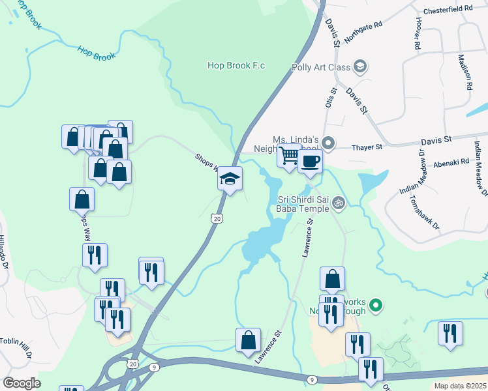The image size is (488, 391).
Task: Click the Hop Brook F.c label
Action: [236, 65]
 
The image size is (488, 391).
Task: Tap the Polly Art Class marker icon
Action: [359, 66]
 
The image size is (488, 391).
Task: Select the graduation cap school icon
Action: [230, 178]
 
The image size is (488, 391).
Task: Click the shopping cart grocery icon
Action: [288, 156]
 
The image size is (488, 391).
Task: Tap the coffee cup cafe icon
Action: [310, 160]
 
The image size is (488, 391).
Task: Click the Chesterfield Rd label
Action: [448, 8]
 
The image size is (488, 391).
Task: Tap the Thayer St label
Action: [367, 148]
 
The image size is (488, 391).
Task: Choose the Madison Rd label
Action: [465, 71]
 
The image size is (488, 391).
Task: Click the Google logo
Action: [22, 383]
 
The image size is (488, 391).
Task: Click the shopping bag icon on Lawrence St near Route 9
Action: [248, 341]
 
